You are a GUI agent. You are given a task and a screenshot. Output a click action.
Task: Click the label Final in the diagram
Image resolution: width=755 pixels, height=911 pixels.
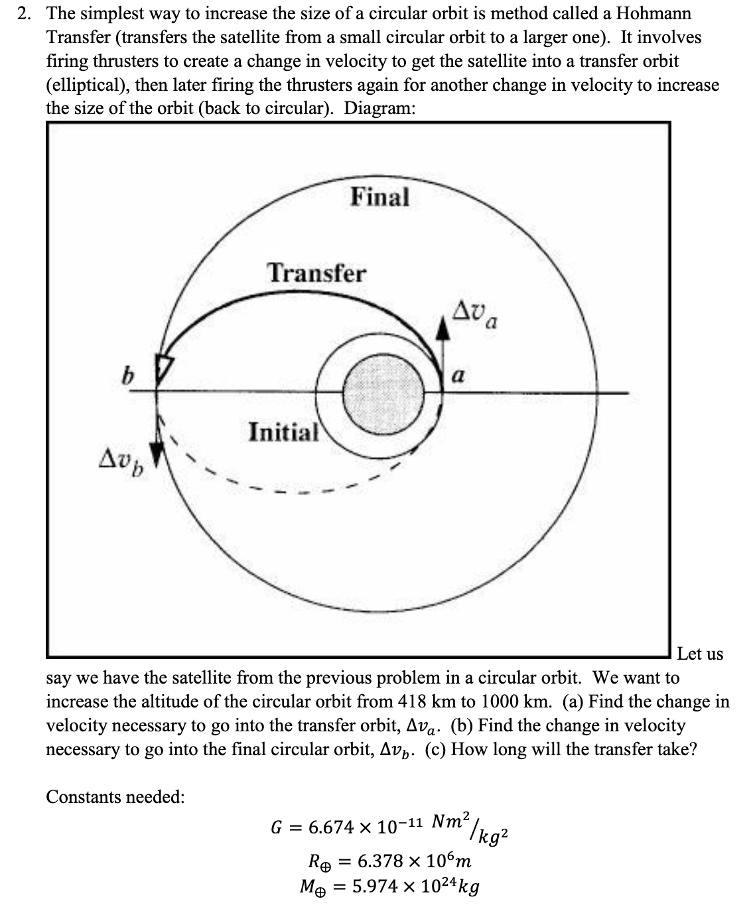379,197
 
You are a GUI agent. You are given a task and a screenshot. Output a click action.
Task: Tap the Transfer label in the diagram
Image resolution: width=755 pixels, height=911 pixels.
316,273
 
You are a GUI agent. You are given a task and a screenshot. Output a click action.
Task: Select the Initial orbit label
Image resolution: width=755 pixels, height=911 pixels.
283,432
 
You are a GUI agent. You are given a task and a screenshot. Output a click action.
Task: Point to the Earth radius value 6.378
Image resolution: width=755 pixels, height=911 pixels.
381,862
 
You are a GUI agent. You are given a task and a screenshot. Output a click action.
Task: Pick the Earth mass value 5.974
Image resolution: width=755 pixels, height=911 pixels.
376,886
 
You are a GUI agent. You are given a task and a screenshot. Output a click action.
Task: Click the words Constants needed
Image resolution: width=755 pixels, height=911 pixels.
115,796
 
